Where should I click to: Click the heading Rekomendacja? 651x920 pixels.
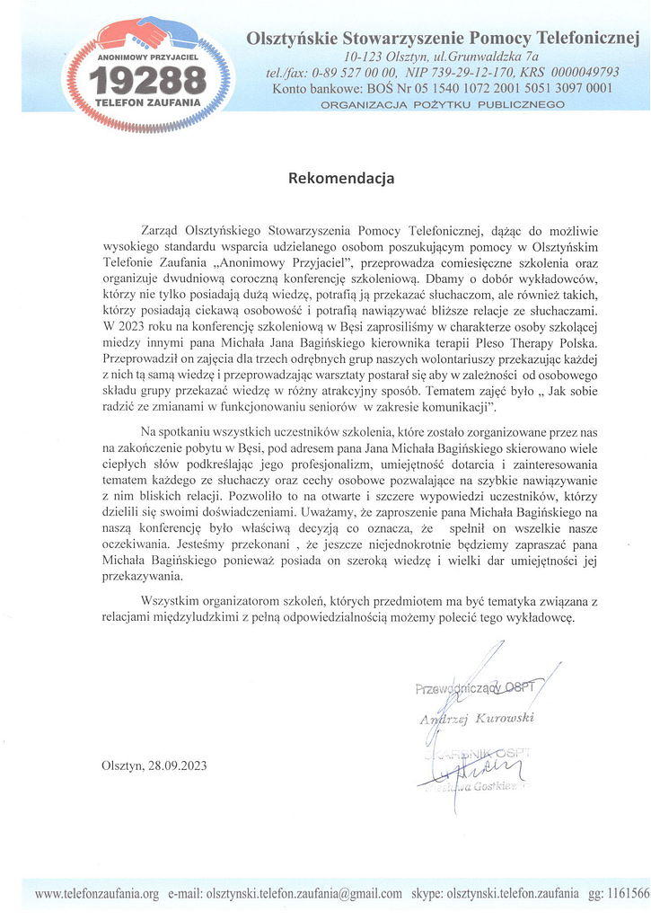(341, 178)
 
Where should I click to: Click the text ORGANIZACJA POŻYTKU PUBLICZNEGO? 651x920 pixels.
(443, 105)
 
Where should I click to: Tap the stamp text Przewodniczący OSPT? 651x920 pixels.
(474, 689)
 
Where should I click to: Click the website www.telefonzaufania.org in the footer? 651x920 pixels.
(96, 894)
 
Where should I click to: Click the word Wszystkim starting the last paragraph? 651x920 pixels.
(173, 600)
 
